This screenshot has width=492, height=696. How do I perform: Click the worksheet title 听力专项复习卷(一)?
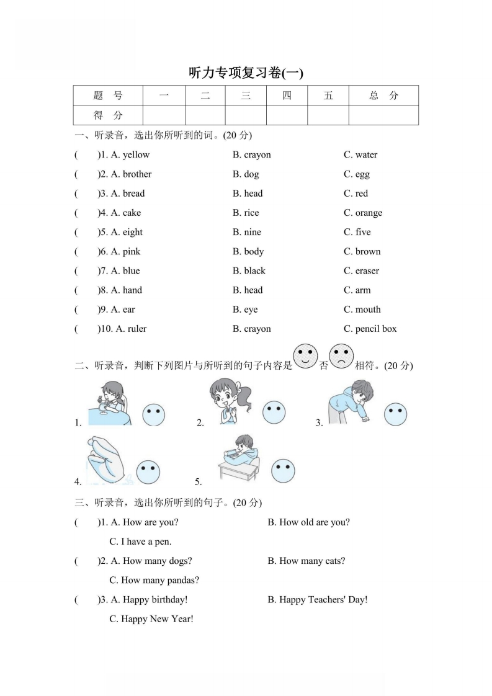[246, 73]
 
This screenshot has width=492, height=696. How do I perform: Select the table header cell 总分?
[383, 96]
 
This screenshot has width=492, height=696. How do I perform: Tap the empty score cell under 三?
[246, 115]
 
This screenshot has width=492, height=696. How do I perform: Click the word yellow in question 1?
[136, 155]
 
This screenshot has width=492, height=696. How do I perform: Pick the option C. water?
[360, 155]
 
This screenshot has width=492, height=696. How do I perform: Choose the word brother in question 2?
[137, 174]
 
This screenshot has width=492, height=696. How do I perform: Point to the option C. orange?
[363, 213]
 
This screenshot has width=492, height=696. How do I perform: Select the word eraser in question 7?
[367, 271]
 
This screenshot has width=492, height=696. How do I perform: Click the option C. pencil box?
[370, 329]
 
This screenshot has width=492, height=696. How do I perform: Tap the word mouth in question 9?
[368, 310]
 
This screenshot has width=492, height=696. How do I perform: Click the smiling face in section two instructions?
[305, 357]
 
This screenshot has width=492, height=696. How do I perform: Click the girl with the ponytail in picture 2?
[232, 402]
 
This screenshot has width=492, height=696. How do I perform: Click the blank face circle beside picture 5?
[283, 471]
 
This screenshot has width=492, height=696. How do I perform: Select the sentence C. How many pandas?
[154, 581]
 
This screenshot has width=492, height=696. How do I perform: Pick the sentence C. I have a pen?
[140, 542]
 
